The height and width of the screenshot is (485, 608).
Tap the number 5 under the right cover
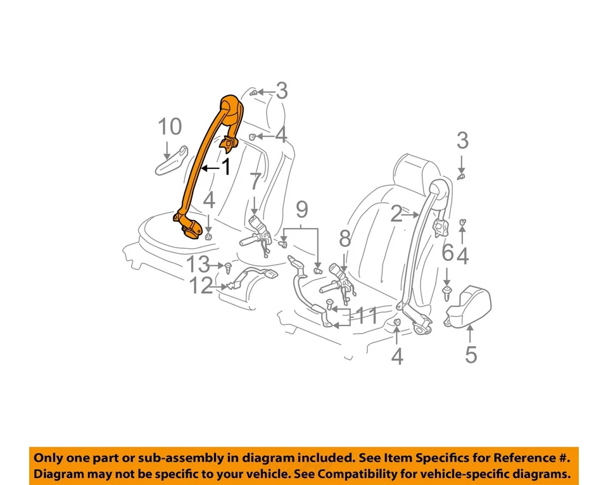471,355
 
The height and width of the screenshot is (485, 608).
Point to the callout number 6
447,254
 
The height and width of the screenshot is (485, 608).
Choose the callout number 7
255,182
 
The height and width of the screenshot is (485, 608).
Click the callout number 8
345,239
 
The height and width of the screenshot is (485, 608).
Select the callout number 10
170,127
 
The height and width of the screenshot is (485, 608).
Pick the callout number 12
201,287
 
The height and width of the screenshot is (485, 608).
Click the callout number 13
198,265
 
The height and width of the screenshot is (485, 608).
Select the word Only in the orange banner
49,458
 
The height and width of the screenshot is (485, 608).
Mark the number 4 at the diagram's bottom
396,357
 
